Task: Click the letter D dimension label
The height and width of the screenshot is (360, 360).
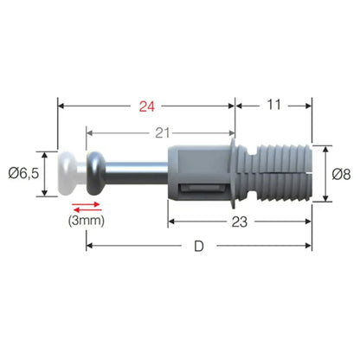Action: click(199, 247)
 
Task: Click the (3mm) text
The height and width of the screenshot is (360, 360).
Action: click(87, 221)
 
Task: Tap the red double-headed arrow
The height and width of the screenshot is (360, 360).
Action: click(87, 207)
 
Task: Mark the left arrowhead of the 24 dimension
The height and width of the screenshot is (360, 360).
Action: click(61, 108)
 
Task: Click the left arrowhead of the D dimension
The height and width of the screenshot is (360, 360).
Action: click(89, 247)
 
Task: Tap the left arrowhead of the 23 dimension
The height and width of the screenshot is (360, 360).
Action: click(171, 222)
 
